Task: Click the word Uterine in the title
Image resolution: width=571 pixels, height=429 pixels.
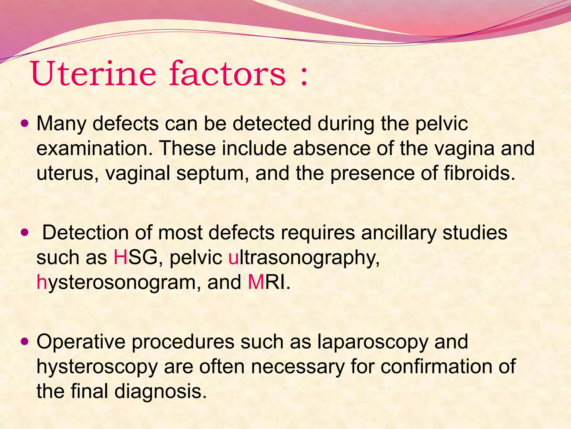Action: [93, 74]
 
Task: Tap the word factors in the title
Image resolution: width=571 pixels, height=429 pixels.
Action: [227, 74]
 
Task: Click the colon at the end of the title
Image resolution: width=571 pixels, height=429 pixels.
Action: [304, 77]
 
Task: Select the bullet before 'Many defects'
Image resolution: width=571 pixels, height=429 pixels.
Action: [25, 123]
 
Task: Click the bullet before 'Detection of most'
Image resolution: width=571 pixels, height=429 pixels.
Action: [25, 232]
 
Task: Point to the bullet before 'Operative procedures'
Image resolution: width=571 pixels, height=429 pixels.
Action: [25, 341]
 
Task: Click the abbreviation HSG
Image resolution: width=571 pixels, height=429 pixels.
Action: [136, 257]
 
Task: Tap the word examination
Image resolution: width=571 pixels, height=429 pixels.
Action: [95, 148]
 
